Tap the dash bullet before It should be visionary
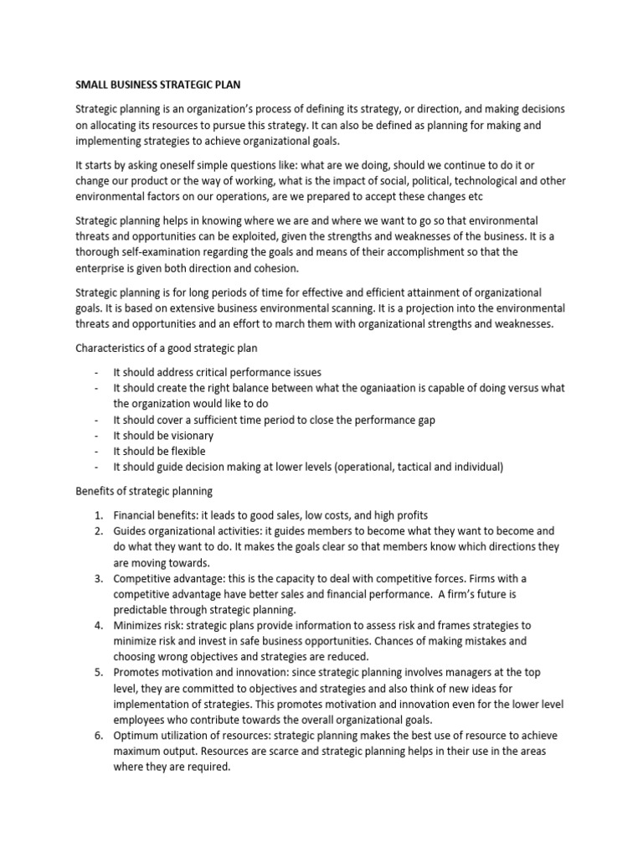pos(97,436)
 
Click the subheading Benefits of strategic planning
pos(144,490)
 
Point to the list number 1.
pos(97,514)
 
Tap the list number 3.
pos(97,578)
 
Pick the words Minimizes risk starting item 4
pos(149,625)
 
